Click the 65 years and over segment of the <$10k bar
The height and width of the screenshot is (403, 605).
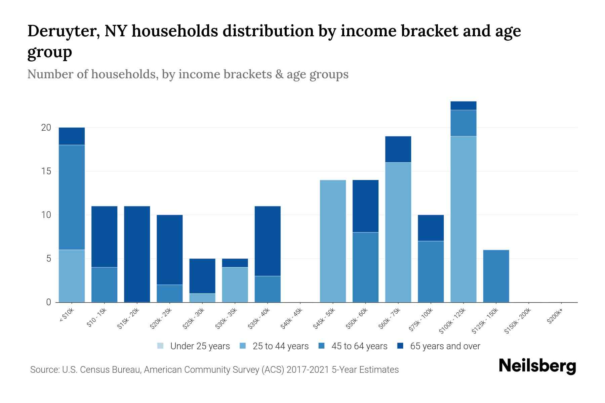pyautogui.click(x=72, y=136)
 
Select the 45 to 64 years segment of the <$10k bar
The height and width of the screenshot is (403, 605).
pyautogui.click(x=72, y=197)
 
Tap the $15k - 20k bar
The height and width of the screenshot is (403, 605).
pyautogui.click(x=137, y=254)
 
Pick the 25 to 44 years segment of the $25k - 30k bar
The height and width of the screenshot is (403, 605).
pyautogui.click(x=202, y=298)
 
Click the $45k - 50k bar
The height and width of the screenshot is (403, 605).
pyautogui.click(x=333, y=241)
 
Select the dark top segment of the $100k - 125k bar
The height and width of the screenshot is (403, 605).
pyautogui.click(x=463, y=105)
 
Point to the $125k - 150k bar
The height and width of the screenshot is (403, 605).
pyautogui.click(x=496, y=276)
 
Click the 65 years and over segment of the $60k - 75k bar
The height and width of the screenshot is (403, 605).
pyautogui.click(x=398, y=149)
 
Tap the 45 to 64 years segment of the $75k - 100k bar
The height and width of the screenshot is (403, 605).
pyautogui.click(x=431, y=271)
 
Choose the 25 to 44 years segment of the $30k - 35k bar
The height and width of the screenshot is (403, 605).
pyautogui.click(x=235, y=284)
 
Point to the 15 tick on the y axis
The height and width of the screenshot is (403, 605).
pyautogui.click(x=46, y=171)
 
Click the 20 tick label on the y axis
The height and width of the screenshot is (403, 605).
pyautogui.click(x=46, y=128)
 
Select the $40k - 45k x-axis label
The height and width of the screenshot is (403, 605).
pyautogui.click(x=292, y=319)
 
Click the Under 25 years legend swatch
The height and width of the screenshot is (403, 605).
pyautogui.click(x=160, y=346)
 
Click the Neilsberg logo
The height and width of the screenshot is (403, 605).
pyautogui.click(x=537, y=366)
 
